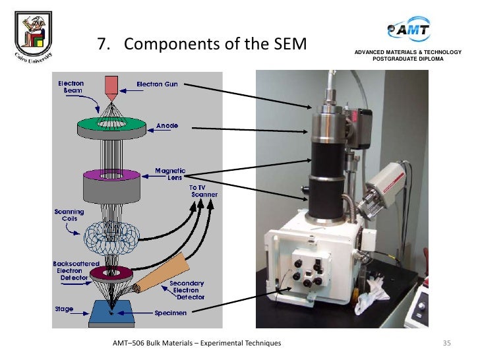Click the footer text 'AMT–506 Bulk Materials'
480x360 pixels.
pos(197,344)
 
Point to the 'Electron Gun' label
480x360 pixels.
pos(157,84)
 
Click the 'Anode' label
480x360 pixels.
pos(167,125)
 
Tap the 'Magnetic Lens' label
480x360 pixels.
pos(169,174)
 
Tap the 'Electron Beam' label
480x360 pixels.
pos(71,87)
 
